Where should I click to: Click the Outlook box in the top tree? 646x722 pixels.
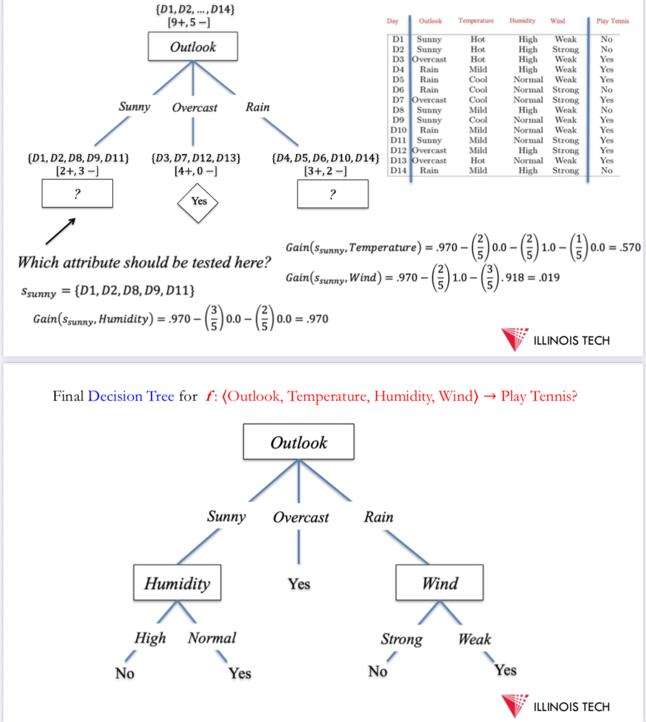[x=193, y=47]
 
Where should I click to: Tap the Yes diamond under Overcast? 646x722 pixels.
[x=199, y=201]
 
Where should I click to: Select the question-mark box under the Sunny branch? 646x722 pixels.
[x=77, y=193]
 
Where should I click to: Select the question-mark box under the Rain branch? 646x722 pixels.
[x=333, y=194]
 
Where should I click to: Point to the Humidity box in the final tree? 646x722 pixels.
[x=178, y=583]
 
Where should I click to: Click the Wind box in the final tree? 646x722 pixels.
[x=439, y=583]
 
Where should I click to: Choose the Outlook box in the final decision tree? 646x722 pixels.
[x=298, y=442]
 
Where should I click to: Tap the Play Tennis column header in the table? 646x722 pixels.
[x=612, y=21]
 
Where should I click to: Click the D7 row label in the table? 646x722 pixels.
[x=399, y=100]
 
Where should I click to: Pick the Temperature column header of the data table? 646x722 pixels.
[x=476, y=21]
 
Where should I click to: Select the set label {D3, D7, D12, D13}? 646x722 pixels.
[x=196, y=158]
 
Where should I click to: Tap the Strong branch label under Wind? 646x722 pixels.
[x=401, y=639]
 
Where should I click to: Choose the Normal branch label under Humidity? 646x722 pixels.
[x=212, y=638]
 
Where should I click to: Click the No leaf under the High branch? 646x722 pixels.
[x=125, y=673]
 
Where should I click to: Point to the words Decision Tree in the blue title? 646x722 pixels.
[x=131, y=396]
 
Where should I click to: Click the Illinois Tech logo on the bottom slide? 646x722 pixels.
[x=554, y=706]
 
